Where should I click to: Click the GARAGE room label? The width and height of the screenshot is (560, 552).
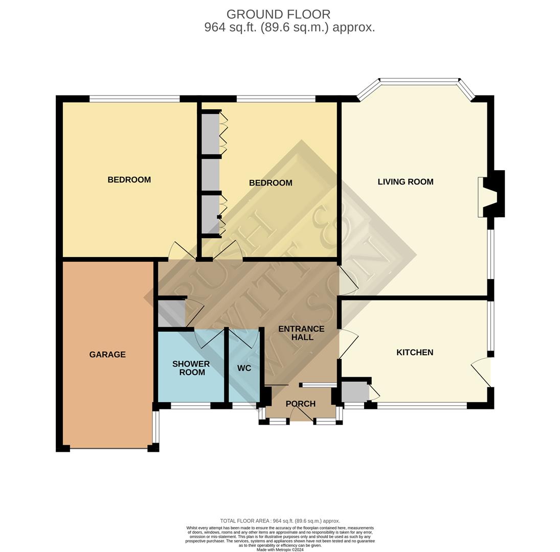(107, 354)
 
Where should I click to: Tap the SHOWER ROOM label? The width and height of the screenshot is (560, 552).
(191, 368)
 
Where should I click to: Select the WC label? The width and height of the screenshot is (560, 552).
(244, 368)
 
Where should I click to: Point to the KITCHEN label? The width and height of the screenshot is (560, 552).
(415, 352)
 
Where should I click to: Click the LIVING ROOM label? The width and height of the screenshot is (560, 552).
(406, 181)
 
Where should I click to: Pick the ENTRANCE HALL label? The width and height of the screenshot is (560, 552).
(301, 333)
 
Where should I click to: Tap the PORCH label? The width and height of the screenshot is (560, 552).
(300, 404)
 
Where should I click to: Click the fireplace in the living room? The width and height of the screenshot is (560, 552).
(491, 194)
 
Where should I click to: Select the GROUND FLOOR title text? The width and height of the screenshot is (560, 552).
(278, 14)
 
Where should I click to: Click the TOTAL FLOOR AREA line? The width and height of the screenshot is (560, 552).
(280, 521)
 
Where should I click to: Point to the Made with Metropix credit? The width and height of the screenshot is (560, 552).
(280, 550)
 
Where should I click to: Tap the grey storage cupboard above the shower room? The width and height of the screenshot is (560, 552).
(171, 313)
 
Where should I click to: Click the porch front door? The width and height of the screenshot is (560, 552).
(301, 414)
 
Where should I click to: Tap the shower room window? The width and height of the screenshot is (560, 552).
(190, 406)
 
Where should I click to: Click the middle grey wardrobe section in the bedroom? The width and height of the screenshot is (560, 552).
(211, 175)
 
